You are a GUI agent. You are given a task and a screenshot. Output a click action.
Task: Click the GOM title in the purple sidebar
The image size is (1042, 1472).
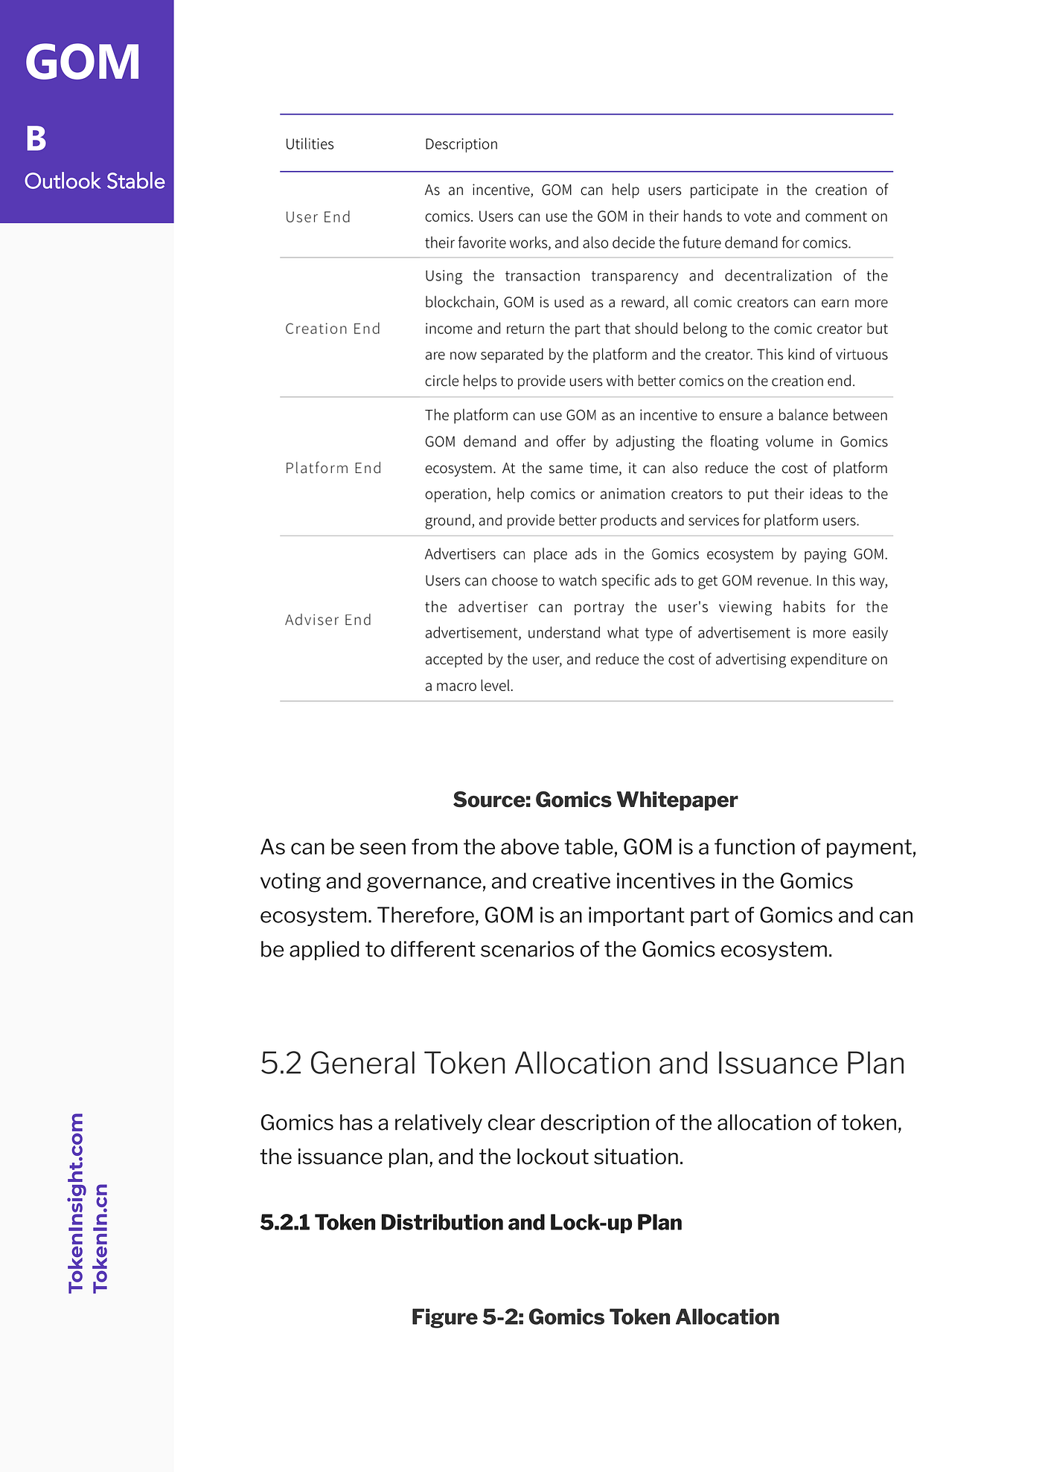tap(83, 62)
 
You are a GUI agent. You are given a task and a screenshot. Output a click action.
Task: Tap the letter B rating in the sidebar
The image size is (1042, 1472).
tap(36, 139)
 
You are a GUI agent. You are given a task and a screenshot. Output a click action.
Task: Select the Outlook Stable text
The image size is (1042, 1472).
tap(95, 181)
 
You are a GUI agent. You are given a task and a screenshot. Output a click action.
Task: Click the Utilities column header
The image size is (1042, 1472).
tap(310, 144)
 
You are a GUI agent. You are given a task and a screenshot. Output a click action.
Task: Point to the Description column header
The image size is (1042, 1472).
tap(461, 144)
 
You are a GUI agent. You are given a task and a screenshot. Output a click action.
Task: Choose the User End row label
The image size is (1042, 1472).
tap(318, 217)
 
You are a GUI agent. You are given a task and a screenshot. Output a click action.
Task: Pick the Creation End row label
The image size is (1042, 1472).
tap(333, 329)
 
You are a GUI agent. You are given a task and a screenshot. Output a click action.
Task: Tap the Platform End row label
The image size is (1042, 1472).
tap(333, 468)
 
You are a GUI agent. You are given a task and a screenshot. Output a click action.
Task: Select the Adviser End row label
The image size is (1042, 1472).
tap(328, 620)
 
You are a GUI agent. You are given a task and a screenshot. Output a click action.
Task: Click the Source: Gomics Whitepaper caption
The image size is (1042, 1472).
tap(595, 800)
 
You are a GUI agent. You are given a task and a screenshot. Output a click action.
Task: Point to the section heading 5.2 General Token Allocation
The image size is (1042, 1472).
tap(582, 1063)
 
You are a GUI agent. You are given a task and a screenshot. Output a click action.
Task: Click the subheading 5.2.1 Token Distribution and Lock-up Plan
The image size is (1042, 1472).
tap(471, 1223)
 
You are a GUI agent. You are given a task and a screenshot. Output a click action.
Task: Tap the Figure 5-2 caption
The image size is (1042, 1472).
tap(595, 1317)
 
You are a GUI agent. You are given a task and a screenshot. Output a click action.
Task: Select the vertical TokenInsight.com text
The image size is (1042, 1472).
tap(76, 1203)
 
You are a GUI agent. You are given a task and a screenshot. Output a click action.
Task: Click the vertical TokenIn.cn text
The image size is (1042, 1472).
tap(100, 1238)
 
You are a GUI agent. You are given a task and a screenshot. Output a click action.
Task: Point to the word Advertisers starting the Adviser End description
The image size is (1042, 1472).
tap(460, 554)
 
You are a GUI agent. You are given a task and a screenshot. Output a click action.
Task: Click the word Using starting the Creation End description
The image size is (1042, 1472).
tap(444, 276)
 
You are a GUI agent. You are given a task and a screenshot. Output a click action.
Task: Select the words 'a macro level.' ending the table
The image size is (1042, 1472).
tap(469, 686)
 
